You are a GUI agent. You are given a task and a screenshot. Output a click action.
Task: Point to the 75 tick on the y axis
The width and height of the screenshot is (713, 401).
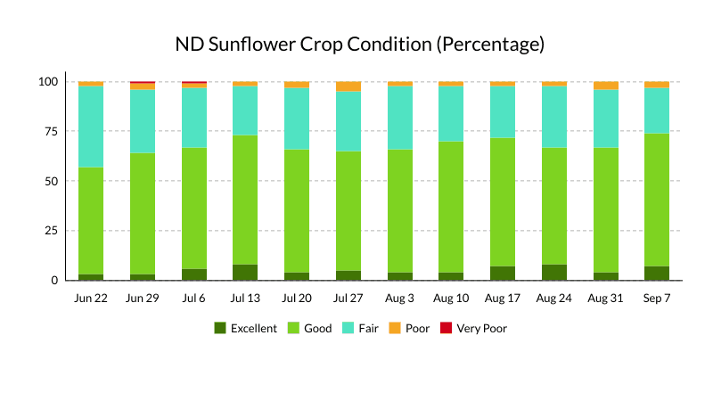tap(48, 131)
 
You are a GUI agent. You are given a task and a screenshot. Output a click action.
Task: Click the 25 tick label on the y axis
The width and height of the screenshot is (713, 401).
tap(48, 231)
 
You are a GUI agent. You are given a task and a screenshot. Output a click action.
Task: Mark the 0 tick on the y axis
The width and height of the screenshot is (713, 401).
tap(53, 281)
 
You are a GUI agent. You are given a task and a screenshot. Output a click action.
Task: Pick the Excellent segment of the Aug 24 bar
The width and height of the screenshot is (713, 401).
tap(553, 273)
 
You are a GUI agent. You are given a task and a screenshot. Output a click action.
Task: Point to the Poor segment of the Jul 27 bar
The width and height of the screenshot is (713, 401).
tap(348, 86)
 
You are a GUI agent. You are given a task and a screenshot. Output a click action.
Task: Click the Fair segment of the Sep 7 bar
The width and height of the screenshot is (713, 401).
tap(657, 110)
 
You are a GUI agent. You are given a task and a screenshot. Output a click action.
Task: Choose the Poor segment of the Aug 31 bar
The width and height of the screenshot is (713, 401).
tap(605, 86)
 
